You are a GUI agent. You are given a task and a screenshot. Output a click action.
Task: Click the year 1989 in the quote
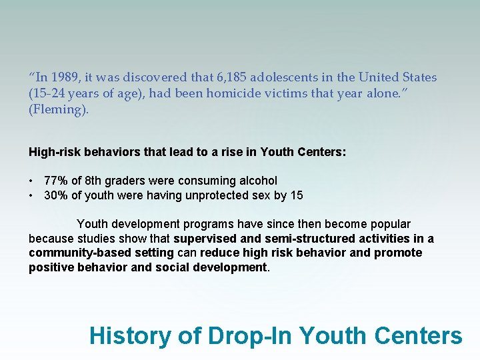[65, 77]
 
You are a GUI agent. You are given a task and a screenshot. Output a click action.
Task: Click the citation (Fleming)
[58, 109]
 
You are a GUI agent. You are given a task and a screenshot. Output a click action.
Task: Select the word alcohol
[257, 181]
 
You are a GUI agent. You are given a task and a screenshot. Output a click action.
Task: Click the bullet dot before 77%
[32, 181]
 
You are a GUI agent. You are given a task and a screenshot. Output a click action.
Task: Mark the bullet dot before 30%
[32, 196]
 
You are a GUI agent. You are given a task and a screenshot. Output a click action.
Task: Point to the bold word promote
[398, 253]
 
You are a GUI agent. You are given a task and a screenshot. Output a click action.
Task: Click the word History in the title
[131, 335]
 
